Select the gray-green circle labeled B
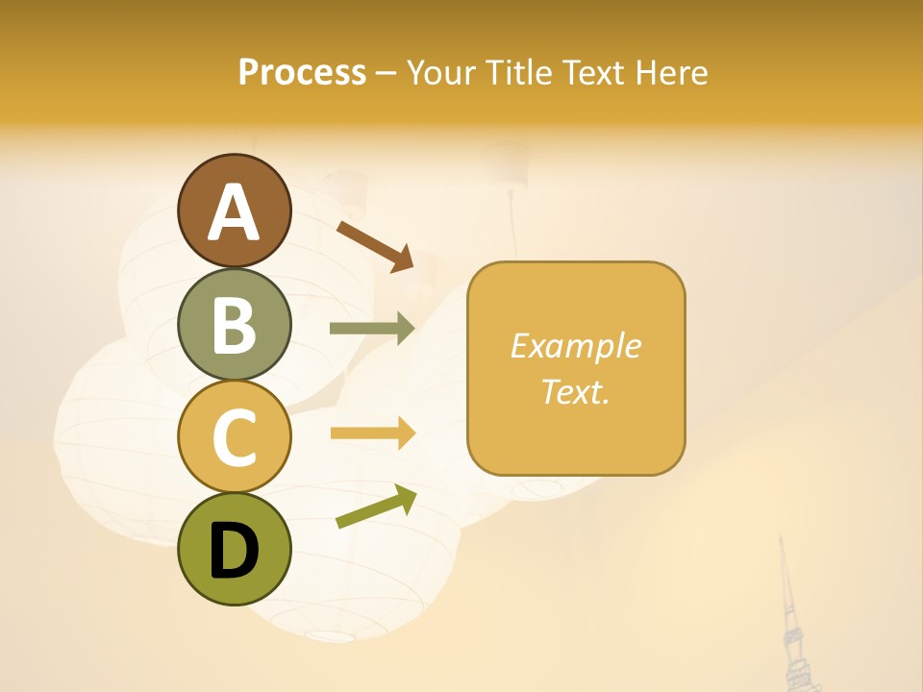[235, 325]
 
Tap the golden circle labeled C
[235, 437]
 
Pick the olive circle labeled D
[235, 550]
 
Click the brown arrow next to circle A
[376, 246]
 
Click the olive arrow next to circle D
[376, 507]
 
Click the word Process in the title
[302, 72]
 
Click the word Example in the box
[575, 346]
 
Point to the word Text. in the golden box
[575, 391]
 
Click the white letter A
[235, 212]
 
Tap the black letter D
[235, 551]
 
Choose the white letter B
[235, 325]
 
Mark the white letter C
[235, 437]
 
